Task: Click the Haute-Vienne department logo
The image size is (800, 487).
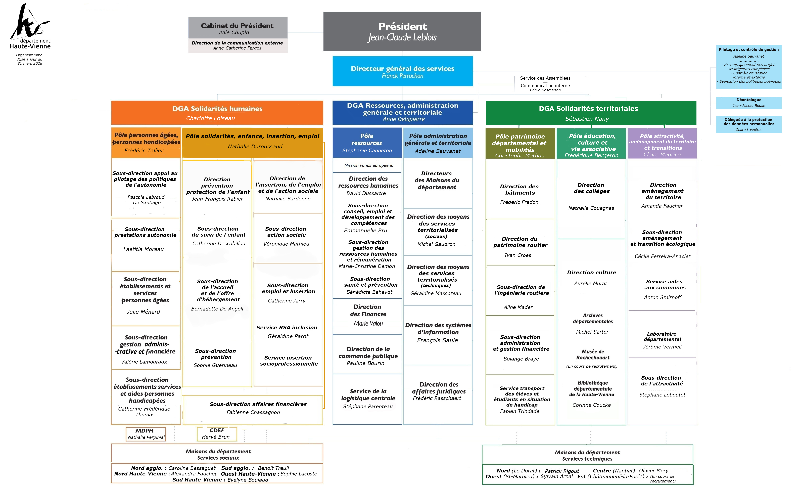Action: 30,26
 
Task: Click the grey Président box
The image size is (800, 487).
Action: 402,31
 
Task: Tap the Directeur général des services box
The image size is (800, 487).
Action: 402,71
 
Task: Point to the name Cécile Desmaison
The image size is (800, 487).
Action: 545,90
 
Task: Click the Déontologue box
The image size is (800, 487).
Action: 749,103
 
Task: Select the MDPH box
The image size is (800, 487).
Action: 146,434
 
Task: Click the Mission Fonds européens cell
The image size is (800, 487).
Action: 368,165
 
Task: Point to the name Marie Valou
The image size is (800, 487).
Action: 368,323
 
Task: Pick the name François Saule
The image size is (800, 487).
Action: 437,340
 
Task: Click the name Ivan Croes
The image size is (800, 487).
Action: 518,255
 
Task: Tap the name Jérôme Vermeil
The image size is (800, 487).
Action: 662,347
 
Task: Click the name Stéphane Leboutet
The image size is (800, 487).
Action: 662,395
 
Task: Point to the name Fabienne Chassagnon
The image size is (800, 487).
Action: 253,412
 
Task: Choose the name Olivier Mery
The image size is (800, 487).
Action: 654,470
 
